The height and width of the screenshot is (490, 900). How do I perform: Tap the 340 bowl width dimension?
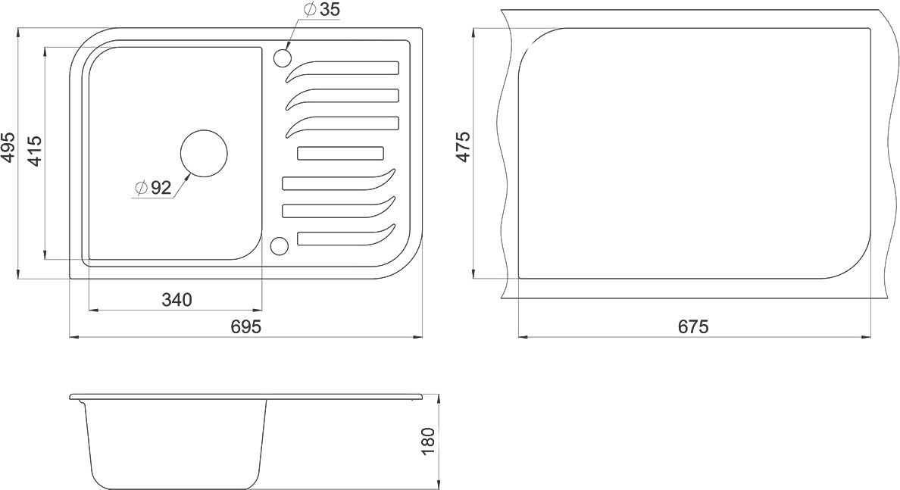(177, 299)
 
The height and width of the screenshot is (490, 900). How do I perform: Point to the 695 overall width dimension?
(245, 326)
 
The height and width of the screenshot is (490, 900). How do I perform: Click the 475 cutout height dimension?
(463, 147)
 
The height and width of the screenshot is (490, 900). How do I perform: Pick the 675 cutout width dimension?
(693, 326)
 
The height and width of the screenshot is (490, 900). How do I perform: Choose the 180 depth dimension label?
(429, 442)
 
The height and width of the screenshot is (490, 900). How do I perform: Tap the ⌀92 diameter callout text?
(153, 188)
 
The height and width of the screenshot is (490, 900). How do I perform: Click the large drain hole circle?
(204, 153)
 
